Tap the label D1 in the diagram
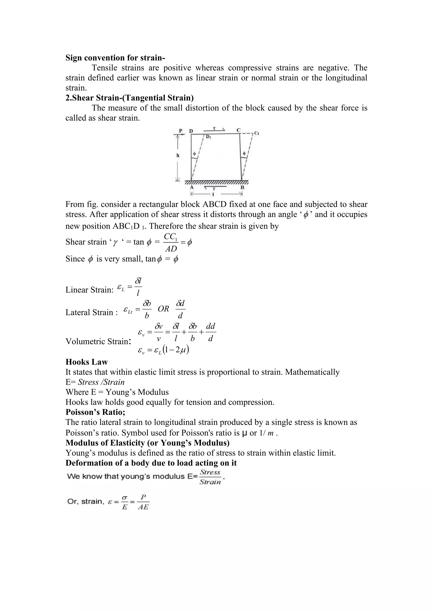(x=208, y=137)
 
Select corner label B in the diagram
(x=242, y=187)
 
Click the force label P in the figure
(x=181, y=131)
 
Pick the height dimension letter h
(x=178, y=155)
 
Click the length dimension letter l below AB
(x=213, y=194)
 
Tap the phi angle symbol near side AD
(x=194, y=154)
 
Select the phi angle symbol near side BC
(x=244, y=154)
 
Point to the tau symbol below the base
(x=214, y=188)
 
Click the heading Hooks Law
(x=87, y=362)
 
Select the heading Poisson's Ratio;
(x=95, y=412)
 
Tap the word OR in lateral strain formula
(x=163, y=309)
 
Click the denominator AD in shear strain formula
(x=171, y=249)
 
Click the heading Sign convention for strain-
(x=115, y=58)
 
